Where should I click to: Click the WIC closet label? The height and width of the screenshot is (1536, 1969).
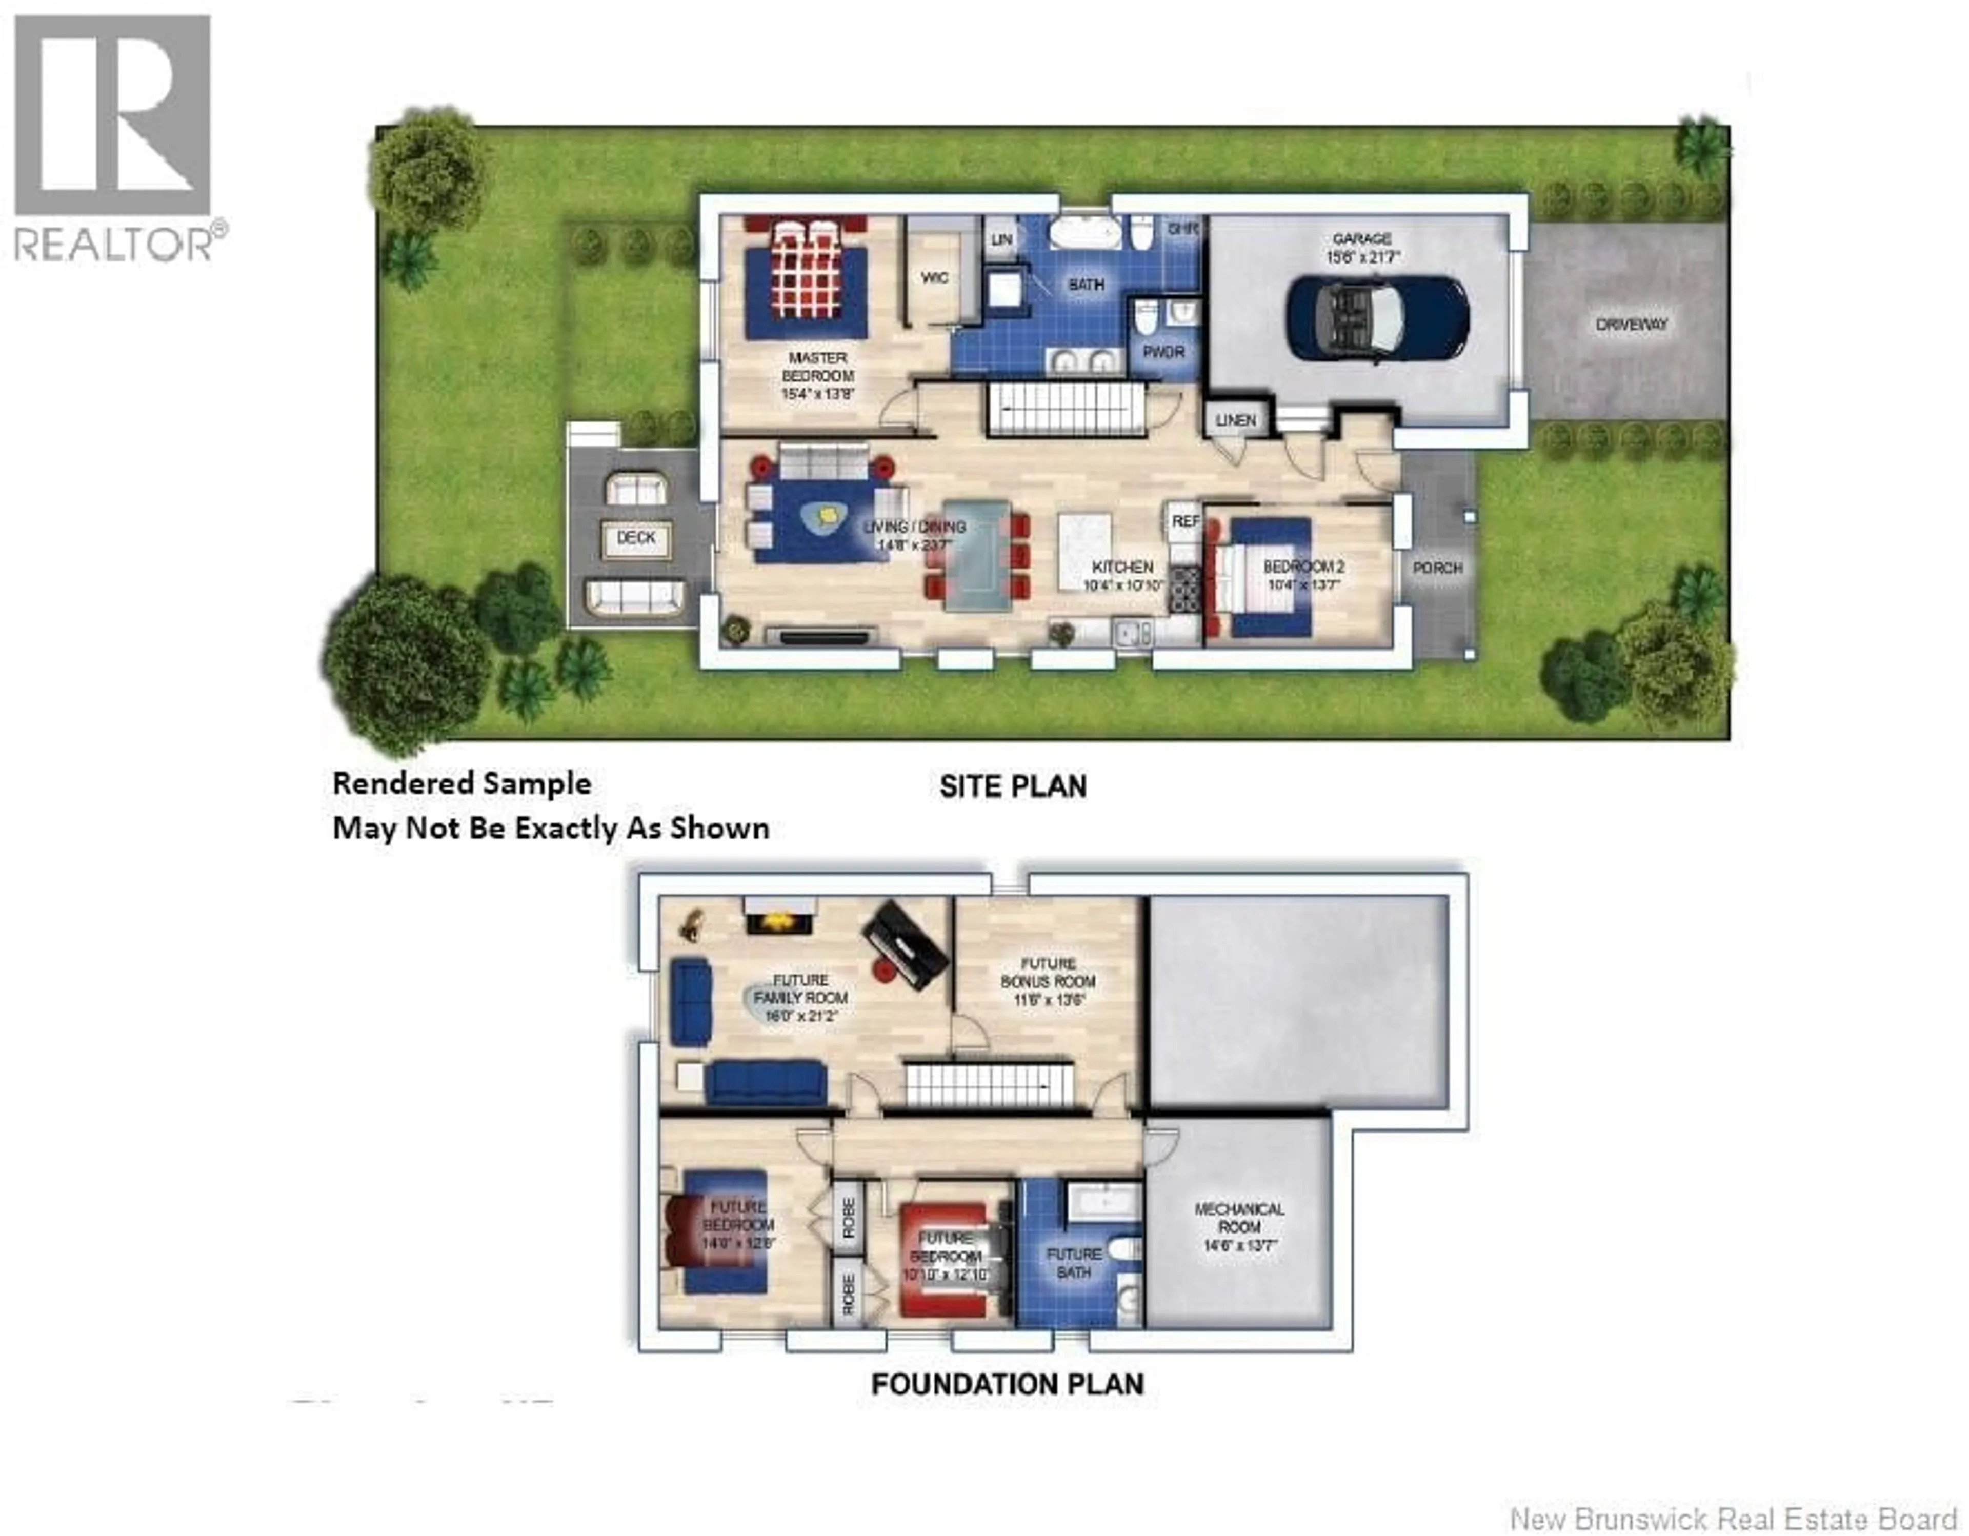tap(934, 278)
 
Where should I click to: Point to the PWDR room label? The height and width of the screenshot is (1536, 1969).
tap(1163, 352)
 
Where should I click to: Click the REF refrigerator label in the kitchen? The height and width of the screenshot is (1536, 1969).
tap(1184, 521)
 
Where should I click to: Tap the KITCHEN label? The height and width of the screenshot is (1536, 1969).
tap(1122, 567)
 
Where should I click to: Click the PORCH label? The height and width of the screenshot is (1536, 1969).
tap(1437, 568)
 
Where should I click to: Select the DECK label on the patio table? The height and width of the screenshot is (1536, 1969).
tap(636, 537)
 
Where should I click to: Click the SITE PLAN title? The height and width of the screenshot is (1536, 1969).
tap(1013, 786)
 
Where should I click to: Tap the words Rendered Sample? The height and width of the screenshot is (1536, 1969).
tap(461, 783)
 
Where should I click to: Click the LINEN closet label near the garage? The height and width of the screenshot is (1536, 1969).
tap(1235, 420)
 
